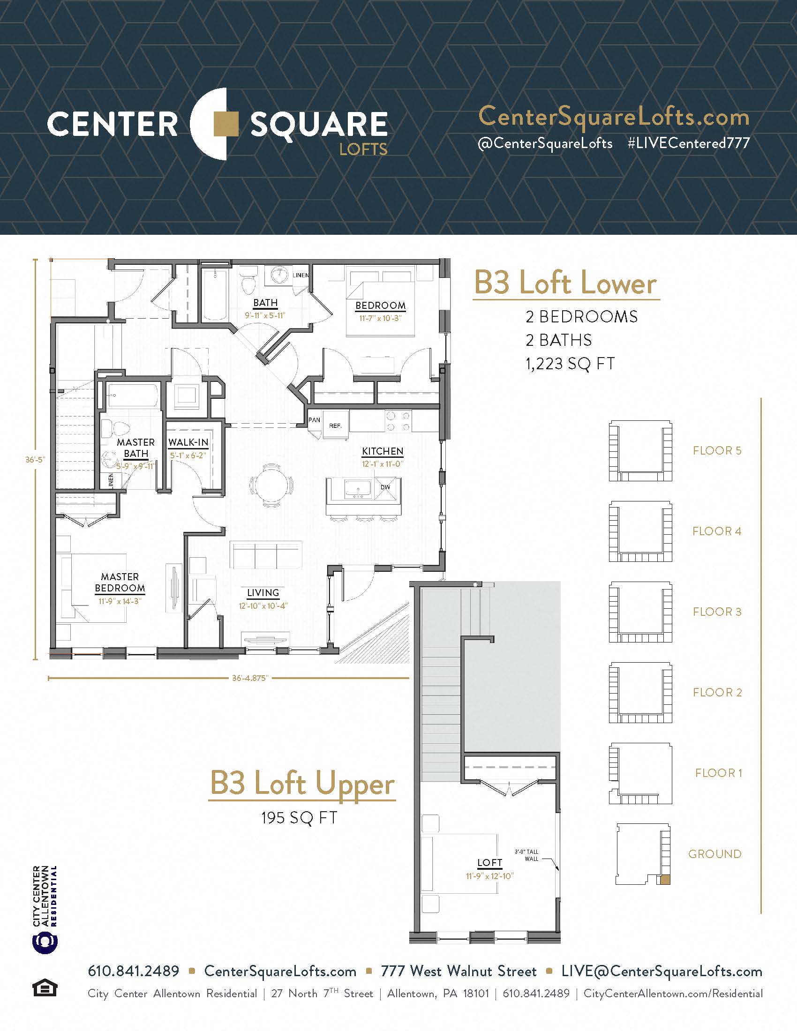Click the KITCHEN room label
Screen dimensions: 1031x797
point(383,451)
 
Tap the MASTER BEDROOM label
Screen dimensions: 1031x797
point(120,583)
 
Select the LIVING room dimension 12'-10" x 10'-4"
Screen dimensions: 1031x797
point(263,605)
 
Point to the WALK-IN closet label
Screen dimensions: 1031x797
point(188,442)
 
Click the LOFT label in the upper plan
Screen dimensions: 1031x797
point(489,862)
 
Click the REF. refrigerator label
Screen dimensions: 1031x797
point(335,426)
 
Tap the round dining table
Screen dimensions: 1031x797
point(271,485)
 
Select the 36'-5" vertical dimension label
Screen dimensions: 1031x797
point(35,459)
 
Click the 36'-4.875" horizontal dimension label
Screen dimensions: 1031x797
point(250,679)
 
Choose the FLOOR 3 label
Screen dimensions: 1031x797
point(717,612)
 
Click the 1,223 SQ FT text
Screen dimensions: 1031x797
point(570,364)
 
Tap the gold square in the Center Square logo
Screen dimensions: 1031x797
point(226,124)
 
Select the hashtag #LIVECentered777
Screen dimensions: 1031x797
point(688,143)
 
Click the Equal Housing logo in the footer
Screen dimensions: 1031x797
point(45,988)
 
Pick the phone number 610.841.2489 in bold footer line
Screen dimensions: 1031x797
point(134,971)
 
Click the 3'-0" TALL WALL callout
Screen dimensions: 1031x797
point(526,855)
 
